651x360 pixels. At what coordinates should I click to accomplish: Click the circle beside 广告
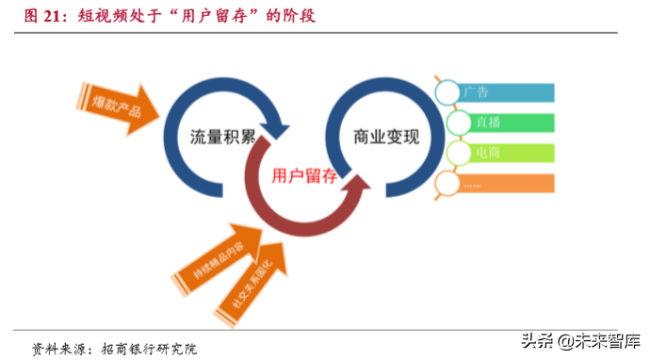pos(448,91)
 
